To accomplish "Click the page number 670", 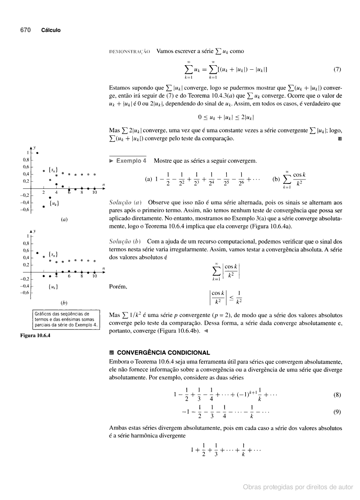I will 25,30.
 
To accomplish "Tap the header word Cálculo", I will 51,30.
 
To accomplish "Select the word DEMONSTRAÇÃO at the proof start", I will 130,52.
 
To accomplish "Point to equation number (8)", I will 337,395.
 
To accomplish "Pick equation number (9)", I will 337,411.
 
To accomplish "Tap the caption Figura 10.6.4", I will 35,335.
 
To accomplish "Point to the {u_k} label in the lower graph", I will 53,286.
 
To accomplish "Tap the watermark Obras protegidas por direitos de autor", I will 298,487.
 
